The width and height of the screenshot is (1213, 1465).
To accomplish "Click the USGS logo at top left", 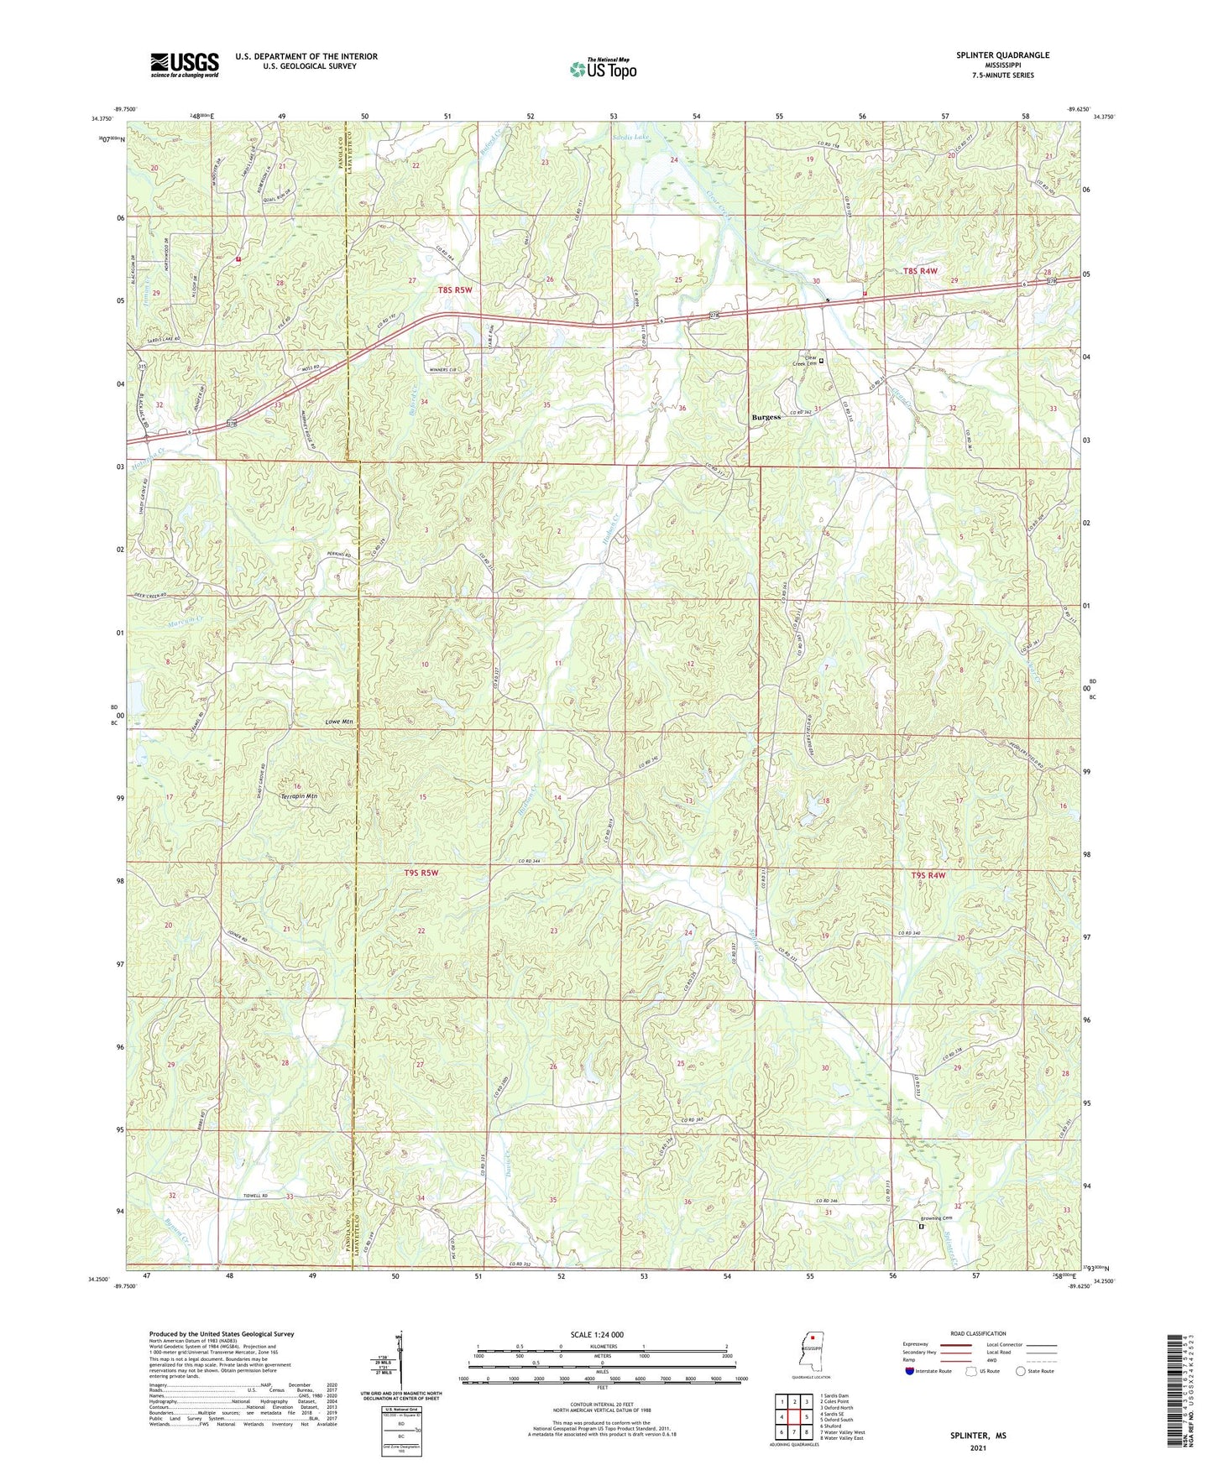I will point(185,64).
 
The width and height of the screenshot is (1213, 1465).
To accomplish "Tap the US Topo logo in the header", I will point(603,69).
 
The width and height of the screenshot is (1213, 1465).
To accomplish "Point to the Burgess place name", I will point(766,417).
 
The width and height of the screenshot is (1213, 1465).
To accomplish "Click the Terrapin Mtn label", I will point(300,795).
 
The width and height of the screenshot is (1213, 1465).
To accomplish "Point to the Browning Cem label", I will point(935,1218).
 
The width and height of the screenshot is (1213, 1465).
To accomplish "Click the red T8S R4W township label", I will point(920,271).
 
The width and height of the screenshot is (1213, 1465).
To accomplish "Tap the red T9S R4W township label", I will point(928,875).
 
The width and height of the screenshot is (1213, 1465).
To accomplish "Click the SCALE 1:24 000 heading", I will point(596,1334).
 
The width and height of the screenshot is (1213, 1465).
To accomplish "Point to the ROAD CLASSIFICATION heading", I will point(978,1333).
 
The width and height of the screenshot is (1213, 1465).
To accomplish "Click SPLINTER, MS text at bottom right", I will point(978,1436).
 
